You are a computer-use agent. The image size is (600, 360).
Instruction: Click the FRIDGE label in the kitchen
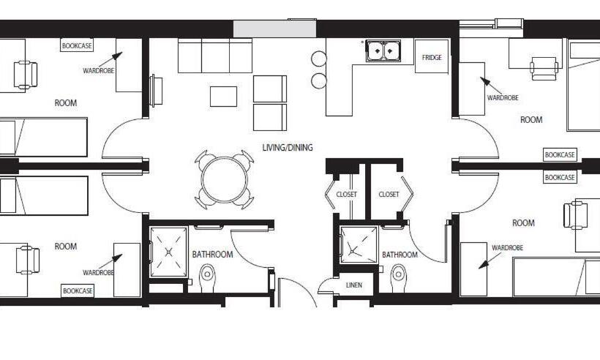click(432, 58)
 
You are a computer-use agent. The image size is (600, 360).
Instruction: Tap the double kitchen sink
click(383, 51)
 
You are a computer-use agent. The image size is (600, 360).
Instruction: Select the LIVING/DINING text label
click(288, 148)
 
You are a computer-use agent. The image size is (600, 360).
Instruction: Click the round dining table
click(225, 179)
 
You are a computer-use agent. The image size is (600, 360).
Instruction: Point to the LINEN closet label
click(353, 285)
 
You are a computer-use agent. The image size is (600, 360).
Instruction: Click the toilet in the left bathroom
click(207, 278)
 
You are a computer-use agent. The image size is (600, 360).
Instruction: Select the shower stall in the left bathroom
click(169, 252)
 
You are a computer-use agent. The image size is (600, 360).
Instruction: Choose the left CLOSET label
click(346, 195)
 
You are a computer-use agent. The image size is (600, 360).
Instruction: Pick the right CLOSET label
click(389, 195)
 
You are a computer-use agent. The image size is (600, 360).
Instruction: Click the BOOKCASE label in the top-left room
click(76, 45)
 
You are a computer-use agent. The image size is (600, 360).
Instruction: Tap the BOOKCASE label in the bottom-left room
click(78, 291)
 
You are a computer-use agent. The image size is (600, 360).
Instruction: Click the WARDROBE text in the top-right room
click(503, 98)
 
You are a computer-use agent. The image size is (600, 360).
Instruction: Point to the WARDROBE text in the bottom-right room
click(507, 248)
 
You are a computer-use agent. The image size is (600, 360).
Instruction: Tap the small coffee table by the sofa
click(223, 97)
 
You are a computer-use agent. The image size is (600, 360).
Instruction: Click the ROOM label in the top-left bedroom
click(66, 103)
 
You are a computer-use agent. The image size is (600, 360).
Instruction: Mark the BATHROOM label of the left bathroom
click(212, 255)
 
